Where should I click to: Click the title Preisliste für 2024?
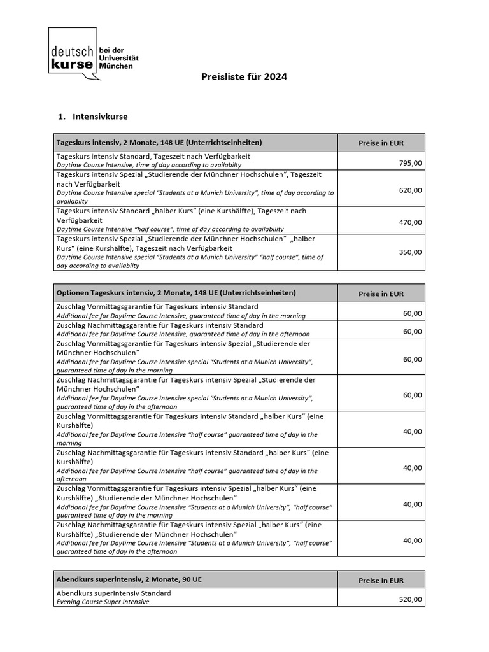(x=244, y=77)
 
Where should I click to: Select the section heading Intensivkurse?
(x=100, y=117)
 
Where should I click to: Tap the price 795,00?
(x=410, y=164)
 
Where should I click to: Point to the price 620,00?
(x=410, y=190)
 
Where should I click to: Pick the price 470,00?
(x=410, y=222)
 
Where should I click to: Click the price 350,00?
(x=410, y=252)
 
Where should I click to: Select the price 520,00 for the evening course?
(x=410, y=599)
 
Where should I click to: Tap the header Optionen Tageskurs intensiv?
(x=176, y=293)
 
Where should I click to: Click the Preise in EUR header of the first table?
(x=381, y=143)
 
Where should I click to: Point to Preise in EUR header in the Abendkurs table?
(x=381, y=580)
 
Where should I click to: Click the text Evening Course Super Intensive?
(x=103, y=602)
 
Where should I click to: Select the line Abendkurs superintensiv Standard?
(x=114, y=593)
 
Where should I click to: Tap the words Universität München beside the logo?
(x=121, y=62)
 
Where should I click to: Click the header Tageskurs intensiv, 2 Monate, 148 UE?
(x=159, y=143)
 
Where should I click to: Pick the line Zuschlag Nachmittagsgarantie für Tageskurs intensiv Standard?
(x=160, y=325)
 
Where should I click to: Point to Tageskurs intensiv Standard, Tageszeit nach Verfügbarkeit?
(x=153, y=156)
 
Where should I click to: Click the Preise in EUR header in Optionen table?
(x=381, y=294)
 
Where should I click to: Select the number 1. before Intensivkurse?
(x=61, y=117)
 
